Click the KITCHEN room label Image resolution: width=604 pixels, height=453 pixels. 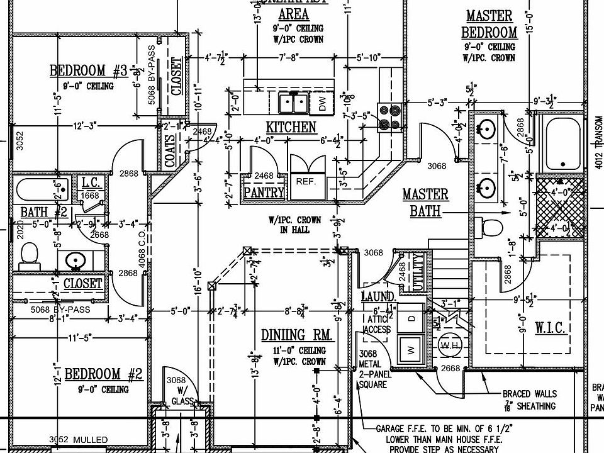click(291, 127)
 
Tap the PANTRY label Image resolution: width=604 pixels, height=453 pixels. click(264, 193)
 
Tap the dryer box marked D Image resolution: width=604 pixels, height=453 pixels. click(412, 319)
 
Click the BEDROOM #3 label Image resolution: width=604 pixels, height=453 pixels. click(89, 70)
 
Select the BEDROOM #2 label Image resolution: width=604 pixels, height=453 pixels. click(104, 376)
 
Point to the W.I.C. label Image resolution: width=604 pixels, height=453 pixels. click(550, 328)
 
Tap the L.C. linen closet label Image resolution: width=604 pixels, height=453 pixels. click(91, 183)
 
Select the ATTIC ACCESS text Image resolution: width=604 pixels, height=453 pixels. click(378, 325)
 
